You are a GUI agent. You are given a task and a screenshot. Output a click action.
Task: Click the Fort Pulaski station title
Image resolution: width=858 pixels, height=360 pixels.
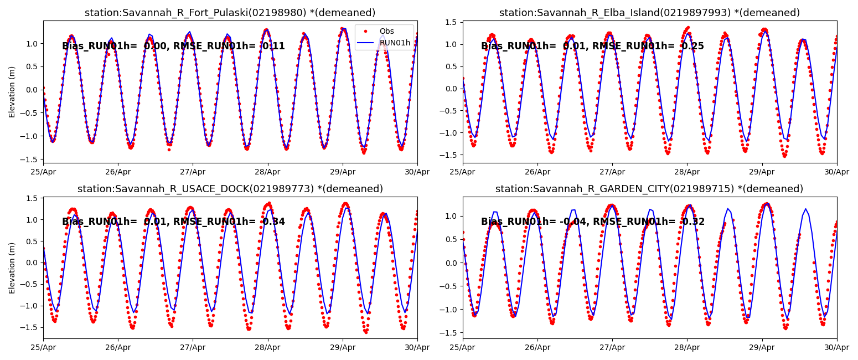point(230,13)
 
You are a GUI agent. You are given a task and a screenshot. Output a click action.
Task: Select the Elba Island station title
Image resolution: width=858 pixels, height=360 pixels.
point(649,13)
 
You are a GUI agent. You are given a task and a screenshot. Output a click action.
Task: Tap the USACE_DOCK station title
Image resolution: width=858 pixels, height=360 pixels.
point(230,189)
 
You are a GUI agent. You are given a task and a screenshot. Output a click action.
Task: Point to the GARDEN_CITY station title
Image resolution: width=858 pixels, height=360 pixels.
point(649,189)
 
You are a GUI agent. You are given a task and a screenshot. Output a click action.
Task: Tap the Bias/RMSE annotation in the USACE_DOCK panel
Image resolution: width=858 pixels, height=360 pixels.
point(173,222)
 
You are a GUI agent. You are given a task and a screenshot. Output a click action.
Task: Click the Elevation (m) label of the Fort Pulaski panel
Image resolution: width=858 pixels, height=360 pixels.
point(12,91)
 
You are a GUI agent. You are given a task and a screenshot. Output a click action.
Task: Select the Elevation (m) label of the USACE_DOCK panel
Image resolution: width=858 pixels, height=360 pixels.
point(12,268)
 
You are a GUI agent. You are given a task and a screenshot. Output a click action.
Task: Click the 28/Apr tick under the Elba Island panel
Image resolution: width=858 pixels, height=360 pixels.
point(687,171)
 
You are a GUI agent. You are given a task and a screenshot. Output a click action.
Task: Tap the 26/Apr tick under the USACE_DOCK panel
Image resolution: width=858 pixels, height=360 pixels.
point(118,347)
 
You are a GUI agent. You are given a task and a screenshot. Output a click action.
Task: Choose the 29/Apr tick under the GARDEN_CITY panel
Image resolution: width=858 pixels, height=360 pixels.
point(762,347)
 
